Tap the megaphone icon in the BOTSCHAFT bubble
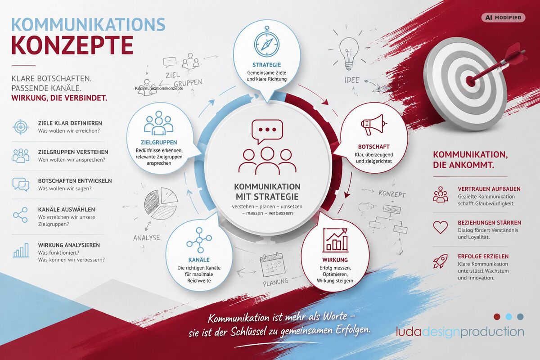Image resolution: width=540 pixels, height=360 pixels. (373, 125)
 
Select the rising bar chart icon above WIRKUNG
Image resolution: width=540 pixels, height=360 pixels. (335, 240)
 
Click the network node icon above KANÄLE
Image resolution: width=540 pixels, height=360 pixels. (199, 240)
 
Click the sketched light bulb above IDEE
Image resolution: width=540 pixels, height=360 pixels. (349, 54)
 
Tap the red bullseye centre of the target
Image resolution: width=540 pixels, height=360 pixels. (470, 81)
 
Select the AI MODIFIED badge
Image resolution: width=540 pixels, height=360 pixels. (504, 18)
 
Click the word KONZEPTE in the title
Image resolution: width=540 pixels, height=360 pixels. (72, 45)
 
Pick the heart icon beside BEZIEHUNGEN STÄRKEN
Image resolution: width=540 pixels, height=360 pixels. (440, 227)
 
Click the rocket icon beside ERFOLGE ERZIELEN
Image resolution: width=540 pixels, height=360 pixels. (440, 261)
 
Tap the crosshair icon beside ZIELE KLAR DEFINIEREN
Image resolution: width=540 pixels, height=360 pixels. (21, 127)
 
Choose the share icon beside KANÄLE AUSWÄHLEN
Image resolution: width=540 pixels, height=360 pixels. (21, 215)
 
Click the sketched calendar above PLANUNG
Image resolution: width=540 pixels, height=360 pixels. (272, 265)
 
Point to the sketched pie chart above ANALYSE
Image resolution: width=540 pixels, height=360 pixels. (161, 204)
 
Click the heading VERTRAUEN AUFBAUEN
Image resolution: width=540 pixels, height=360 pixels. (489, 189)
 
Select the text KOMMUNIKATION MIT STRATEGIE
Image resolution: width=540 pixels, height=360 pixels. (267, 192)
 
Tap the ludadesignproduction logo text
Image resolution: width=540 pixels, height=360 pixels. (460, 332)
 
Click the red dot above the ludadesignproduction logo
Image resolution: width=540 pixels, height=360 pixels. (497, 317)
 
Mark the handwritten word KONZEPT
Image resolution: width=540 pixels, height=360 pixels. (392, 193)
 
